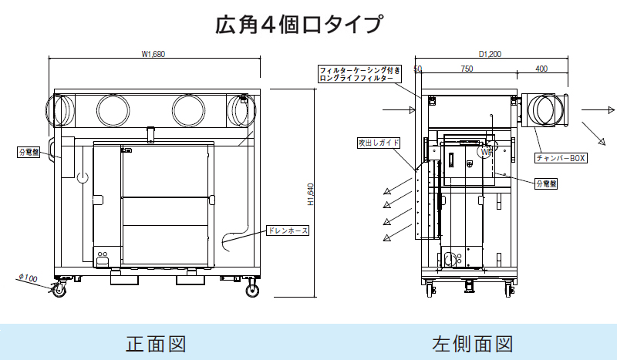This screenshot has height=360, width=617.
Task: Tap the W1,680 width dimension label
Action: click(x=153, y=54)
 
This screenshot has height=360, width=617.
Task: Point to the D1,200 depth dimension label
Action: click(x=490, y=54)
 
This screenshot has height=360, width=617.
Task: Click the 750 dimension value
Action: click(x=467, y=69)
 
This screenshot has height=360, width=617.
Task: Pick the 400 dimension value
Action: click(x=541, y=69)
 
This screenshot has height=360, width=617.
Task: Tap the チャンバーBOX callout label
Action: click(x=561, y=157)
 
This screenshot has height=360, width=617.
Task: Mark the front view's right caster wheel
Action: click(x=252, y=290)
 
